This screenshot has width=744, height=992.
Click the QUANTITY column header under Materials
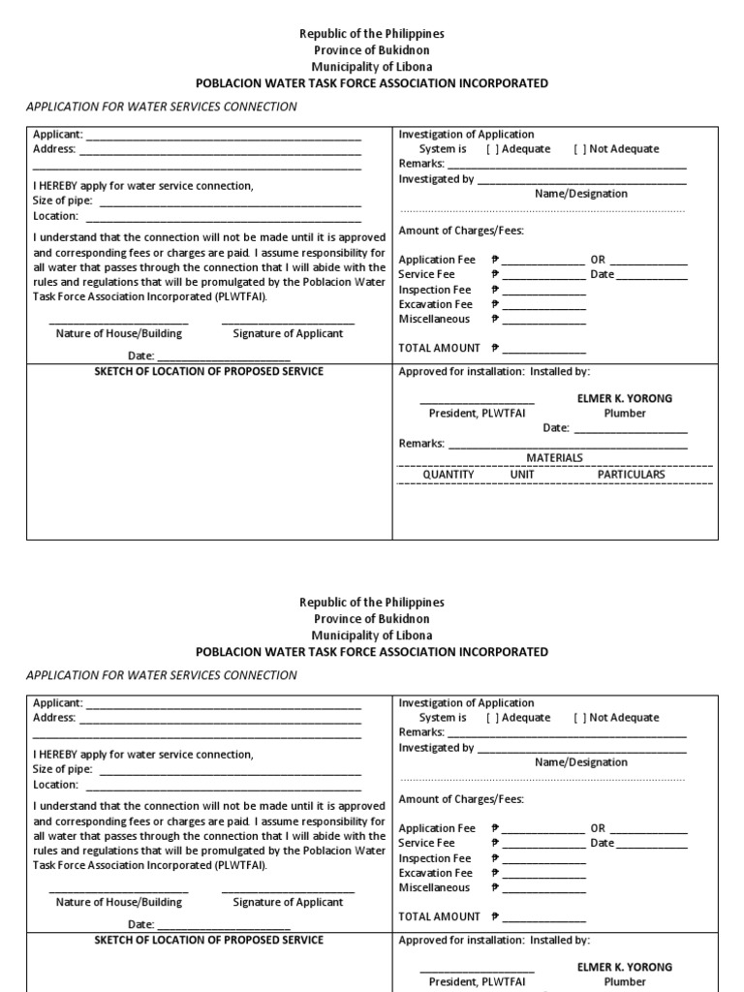click(x=448, y=475)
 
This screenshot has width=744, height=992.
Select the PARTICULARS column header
click(x=631, y=475)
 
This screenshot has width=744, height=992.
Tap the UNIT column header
click(x=522, y=475)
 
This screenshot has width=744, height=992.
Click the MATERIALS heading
click(x=554, y=457)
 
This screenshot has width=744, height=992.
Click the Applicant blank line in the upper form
click(x=224, y=136)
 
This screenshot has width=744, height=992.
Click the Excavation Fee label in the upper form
click(x=435, y=304)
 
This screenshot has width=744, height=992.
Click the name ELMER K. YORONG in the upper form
click(x=624, y=398)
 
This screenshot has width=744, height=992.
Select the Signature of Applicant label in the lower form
click(x=288, y=902)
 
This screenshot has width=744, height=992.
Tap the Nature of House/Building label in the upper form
click(x=118, y=333)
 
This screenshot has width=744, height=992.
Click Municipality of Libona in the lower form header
click(x=371, y=635)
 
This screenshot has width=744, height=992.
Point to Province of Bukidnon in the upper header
click(x=371, y=50)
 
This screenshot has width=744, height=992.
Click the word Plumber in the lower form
click(x=624, y=981)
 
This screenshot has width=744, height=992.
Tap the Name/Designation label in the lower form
click(x=580, y=762)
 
